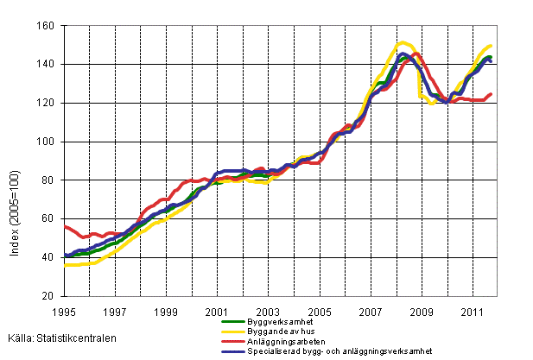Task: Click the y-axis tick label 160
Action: pyautogui.click(x=48, y=26)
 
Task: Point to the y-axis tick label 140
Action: pyautogui.click(x=48, y=65)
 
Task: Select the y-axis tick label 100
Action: pyautogui.click(x=48, y=142)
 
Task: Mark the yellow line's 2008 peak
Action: pyautogui.click(x=403, y=42)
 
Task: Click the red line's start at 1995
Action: pyautogui.click(x=65, y=225)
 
